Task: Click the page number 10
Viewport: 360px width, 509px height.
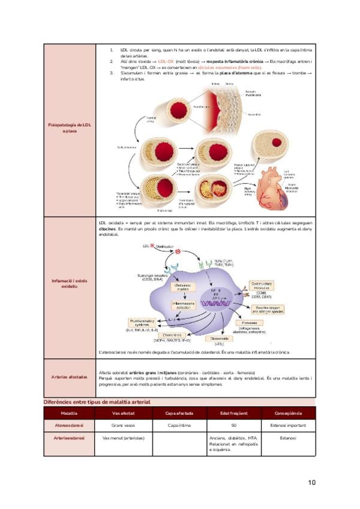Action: click(311, 482)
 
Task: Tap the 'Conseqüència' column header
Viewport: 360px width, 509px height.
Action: click(288, 414)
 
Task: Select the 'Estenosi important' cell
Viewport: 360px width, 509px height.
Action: click(288, 426)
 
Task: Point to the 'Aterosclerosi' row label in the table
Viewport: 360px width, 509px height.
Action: click(69, 426)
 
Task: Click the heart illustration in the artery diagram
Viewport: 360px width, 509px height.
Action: click(274, 184)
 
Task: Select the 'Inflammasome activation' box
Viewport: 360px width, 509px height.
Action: click(170, 306)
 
